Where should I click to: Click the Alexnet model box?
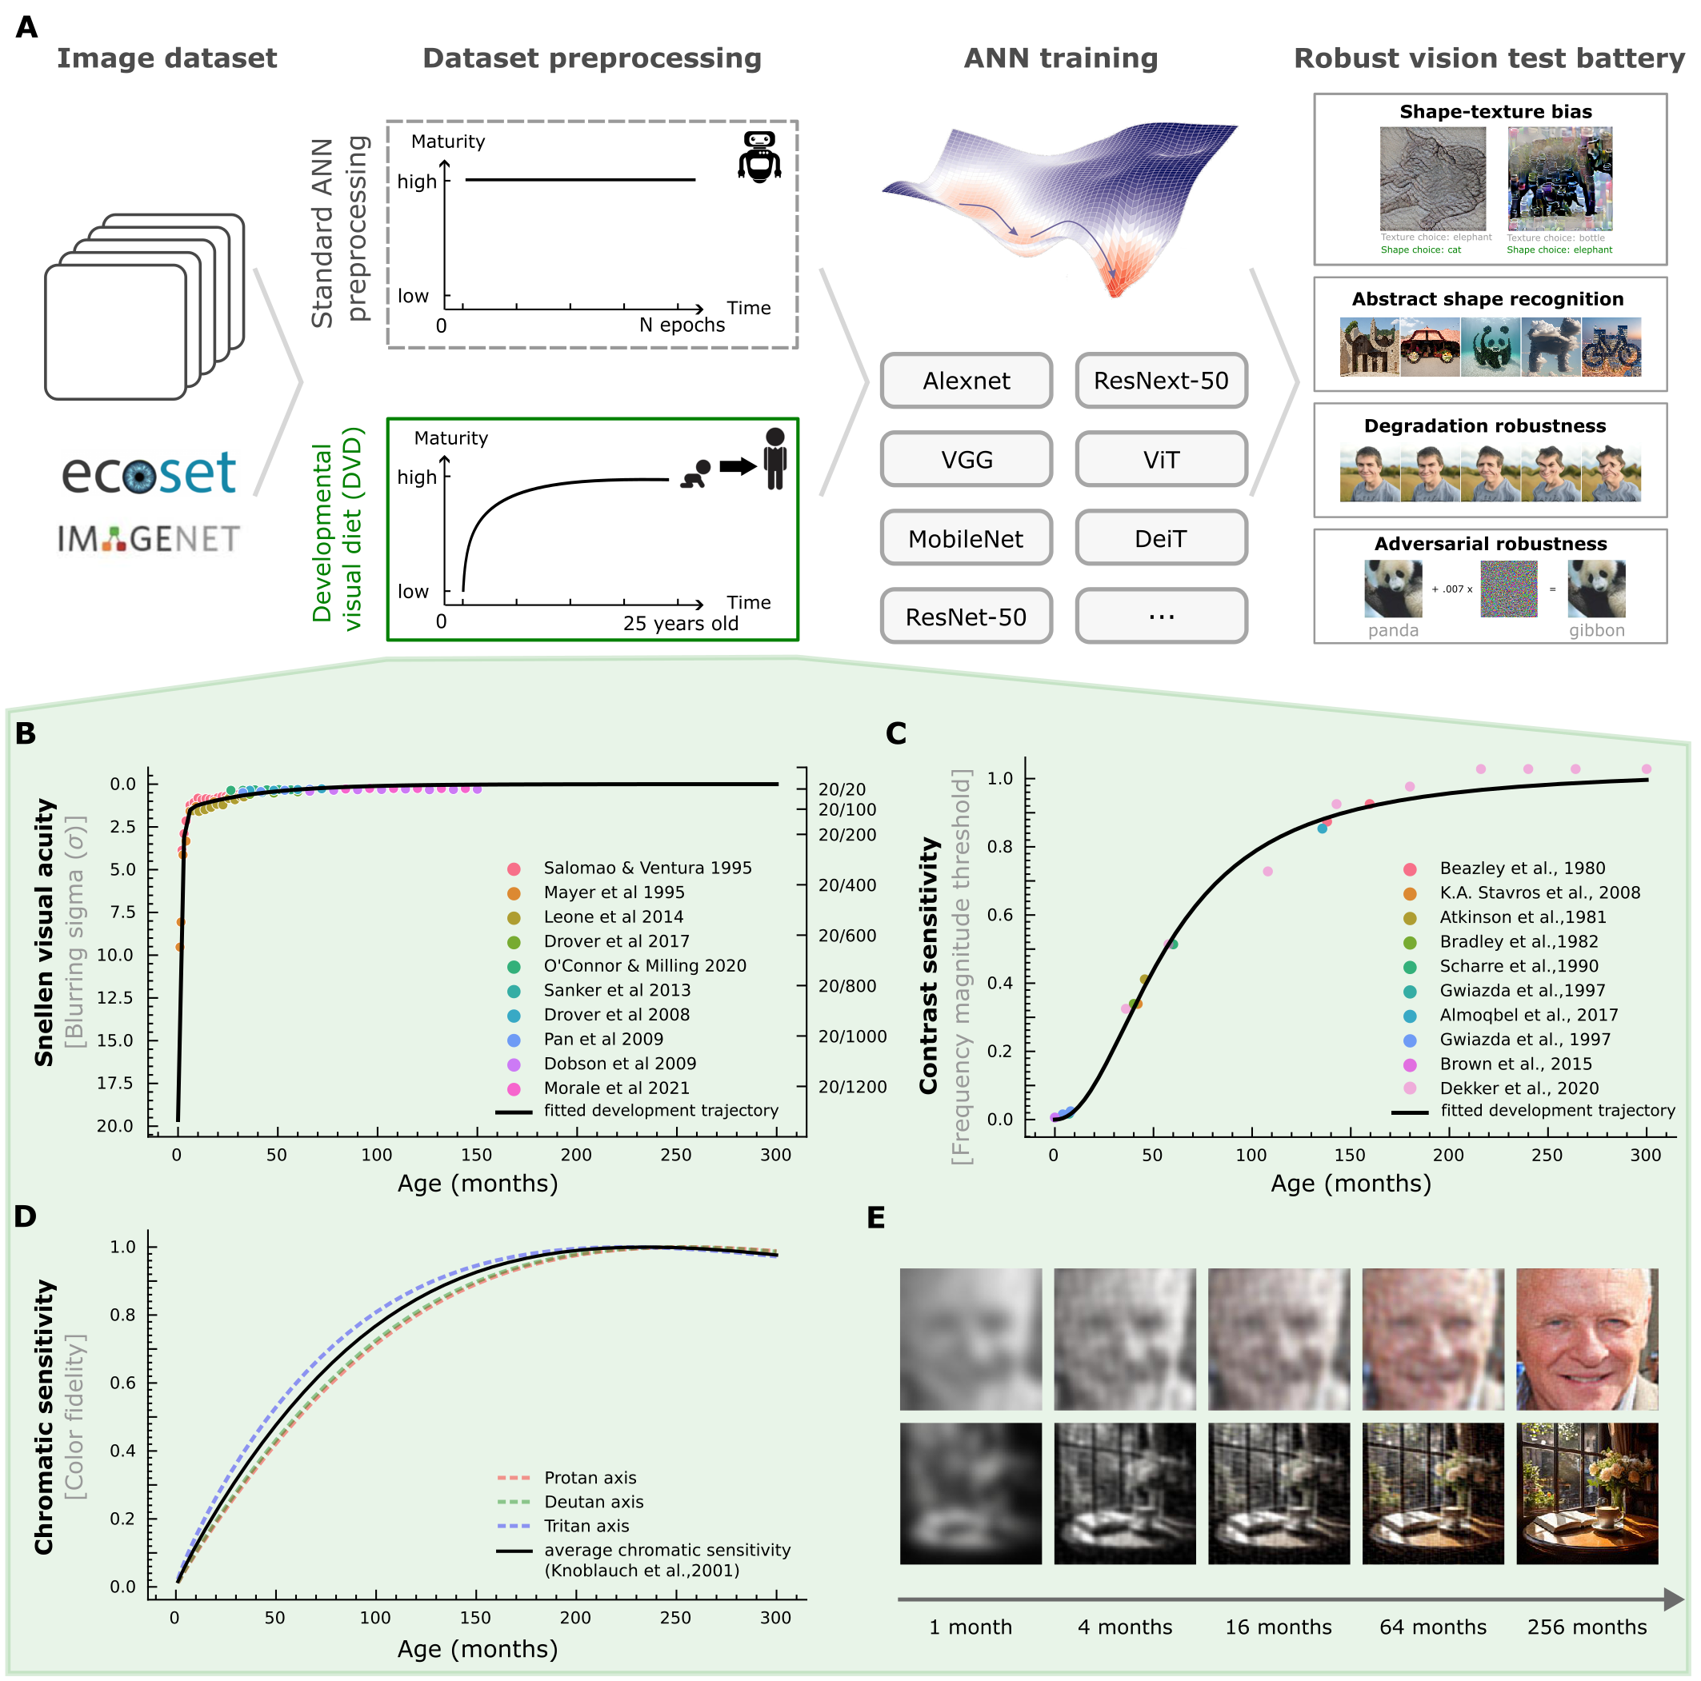pyautogui.click(x=966, y=381)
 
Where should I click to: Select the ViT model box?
pyautogui.click(x=1160, y=459)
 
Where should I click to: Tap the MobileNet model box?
pyautogui.click(x=966, y=539)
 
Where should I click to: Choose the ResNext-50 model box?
pyautogui.click(x=1160, y=381)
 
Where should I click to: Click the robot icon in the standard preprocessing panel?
pyautogui.click(x=759, y=156)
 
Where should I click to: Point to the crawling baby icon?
pyautogui.click(x=696, y=473)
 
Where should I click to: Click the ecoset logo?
pyautogui.click(x=148, y=473)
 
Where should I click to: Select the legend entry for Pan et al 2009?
pyautogui.click(x=603, y=1040)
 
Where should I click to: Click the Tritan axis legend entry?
pyautogui.click(x=586, y=1526)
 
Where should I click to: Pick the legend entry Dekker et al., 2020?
pyautogui.click(x=1519, y=1088)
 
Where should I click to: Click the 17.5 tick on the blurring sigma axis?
pyautogui.click(x=115, y=1084)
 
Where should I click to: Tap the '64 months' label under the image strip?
pyautogui.click(x=1432, y=1627)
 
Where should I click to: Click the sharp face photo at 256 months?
pyautogui.click(x=1587, y=1339)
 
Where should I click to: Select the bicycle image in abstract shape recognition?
pyautogui.click(x=1611, y=348)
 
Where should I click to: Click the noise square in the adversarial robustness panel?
pyautogui.click(x=1508, y=589)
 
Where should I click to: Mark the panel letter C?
pyautogui.click(x=895, y=734)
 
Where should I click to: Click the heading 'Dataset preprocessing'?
pyautogui.click(x=591, y=58)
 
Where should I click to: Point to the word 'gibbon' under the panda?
pyautogui.click(x=1596, y=630)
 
